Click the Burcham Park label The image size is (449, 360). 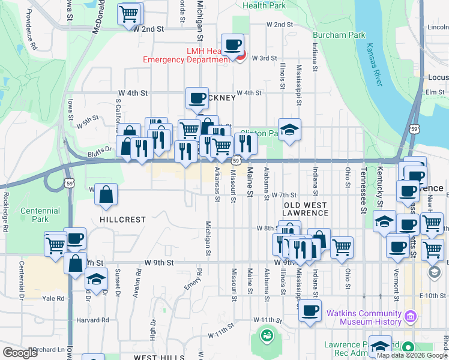tap(339, 35)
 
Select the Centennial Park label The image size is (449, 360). tap(40, 215)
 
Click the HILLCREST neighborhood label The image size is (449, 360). tap(122, 220)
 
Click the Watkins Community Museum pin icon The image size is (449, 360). tap(411, 315)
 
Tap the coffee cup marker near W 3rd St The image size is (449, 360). tap(232, 44)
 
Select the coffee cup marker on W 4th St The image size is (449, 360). tap(196, 97)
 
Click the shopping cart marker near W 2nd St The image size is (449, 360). tap(130, 14)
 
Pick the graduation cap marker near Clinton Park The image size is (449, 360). tap(289, 129)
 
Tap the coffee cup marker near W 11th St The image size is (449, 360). tap(310, 310)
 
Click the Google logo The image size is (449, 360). tap(20, 353)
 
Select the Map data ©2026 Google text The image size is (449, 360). tap(411, 355)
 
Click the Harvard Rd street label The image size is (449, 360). tap(93, 320)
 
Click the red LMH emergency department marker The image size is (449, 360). tap(241, 57)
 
